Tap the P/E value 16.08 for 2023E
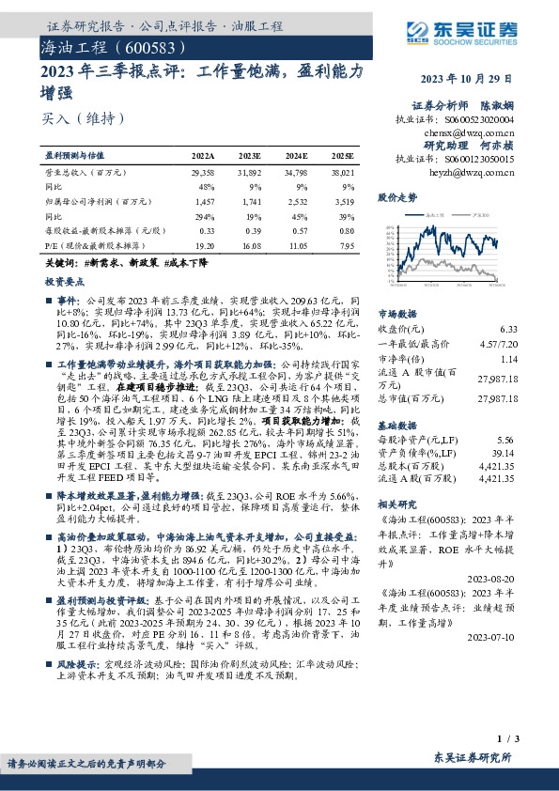pos(250,244)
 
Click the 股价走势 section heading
pos(397,198)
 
